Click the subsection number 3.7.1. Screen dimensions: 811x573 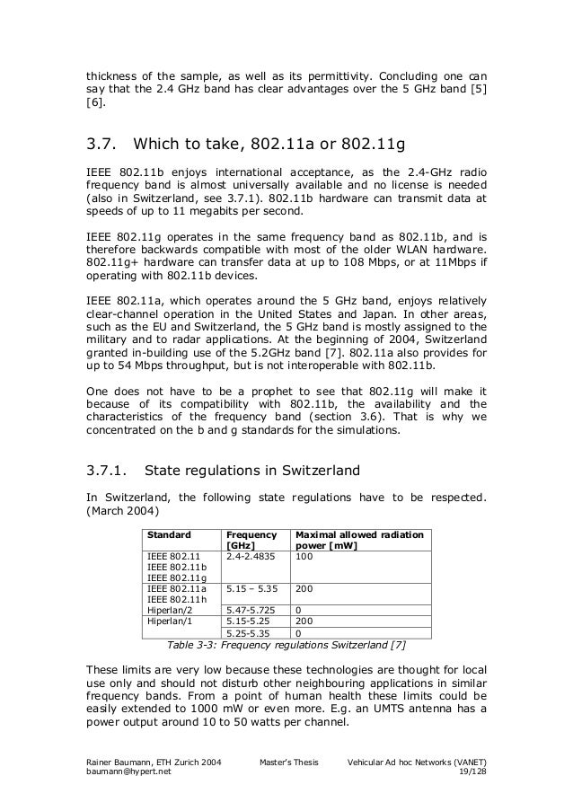point(110,468)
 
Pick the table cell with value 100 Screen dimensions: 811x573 point(304,557)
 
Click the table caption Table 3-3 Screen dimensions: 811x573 point(194,644)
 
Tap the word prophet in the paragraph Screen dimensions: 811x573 point(264,392)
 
